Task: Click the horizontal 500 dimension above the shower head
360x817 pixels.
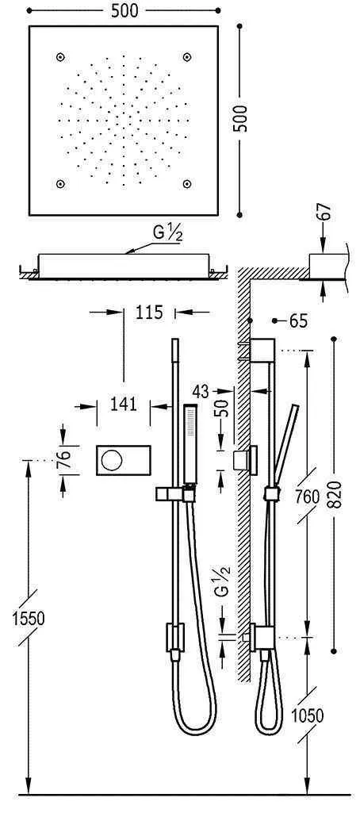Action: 124,10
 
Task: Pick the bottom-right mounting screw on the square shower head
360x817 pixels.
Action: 187,184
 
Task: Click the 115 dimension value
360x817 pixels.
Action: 148,313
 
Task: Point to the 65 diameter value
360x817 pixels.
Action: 298,321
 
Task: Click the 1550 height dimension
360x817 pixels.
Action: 29,616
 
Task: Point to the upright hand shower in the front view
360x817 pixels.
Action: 190,444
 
